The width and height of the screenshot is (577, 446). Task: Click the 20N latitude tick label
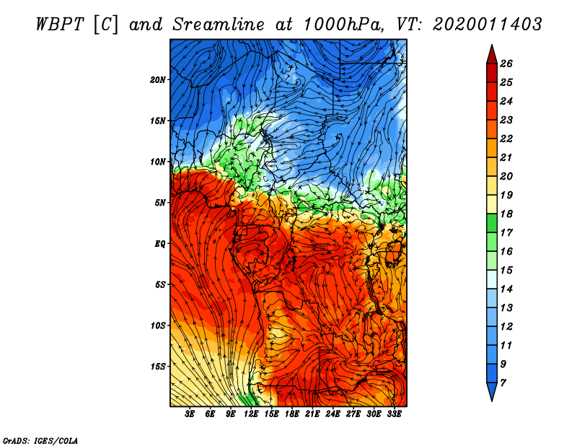[158, 79]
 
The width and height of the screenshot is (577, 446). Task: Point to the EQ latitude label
[160, 243]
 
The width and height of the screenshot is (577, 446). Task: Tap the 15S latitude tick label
[158, 367]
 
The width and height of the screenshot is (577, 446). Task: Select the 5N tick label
[160, 203]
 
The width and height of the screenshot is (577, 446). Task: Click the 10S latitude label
[158, 325]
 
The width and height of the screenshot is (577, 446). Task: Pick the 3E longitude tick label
[190, 414]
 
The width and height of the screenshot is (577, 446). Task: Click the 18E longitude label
[292, 414]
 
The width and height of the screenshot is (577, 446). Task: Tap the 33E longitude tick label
[394, 414]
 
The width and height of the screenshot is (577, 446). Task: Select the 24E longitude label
[332, 414]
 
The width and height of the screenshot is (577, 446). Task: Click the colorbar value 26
[506, 64]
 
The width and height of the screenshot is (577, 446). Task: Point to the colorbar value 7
[503, 383]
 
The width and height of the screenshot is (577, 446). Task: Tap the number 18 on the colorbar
[506, 214]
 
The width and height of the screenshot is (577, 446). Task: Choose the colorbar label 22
[506, 139]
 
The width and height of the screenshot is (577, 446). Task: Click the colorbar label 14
[506, 289]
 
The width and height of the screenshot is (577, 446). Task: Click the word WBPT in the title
[60, 25]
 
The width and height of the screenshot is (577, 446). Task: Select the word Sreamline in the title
[219, 25]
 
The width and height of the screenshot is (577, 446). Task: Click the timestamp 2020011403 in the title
[487, 25]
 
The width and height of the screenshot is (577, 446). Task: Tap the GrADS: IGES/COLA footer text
[40, 441]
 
